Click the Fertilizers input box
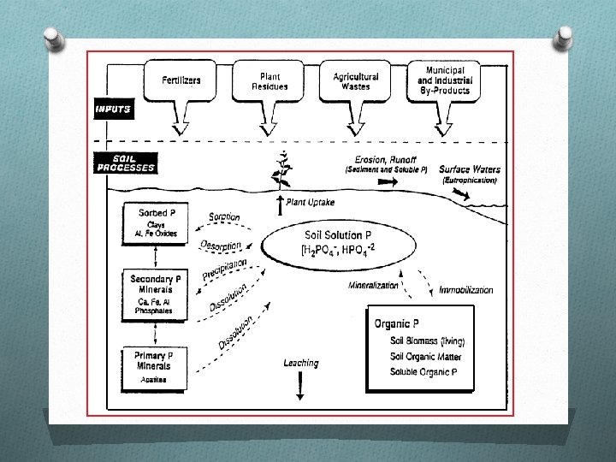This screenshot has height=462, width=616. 181,80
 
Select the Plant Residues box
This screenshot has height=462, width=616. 269,80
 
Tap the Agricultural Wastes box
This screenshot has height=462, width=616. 356,80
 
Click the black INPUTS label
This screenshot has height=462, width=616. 113,110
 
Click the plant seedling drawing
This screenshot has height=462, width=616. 280,171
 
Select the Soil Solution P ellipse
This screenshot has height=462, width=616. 318,241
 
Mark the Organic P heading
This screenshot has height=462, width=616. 397,323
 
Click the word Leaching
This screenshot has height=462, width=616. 300,363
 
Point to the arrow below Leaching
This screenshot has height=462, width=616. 300,387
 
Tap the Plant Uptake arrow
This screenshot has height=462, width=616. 280,204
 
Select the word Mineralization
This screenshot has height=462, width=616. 373,285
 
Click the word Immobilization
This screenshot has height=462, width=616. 465,290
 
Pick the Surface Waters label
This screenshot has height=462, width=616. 470,169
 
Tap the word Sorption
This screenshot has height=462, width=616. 224,217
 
